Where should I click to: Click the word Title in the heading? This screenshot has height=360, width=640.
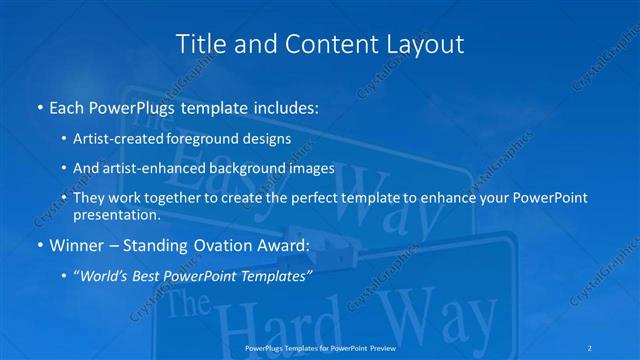pyautogui.click(x=198, y=44)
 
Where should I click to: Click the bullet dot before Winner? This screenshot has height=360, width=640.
pyautogui.click(x=38, y=244)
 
